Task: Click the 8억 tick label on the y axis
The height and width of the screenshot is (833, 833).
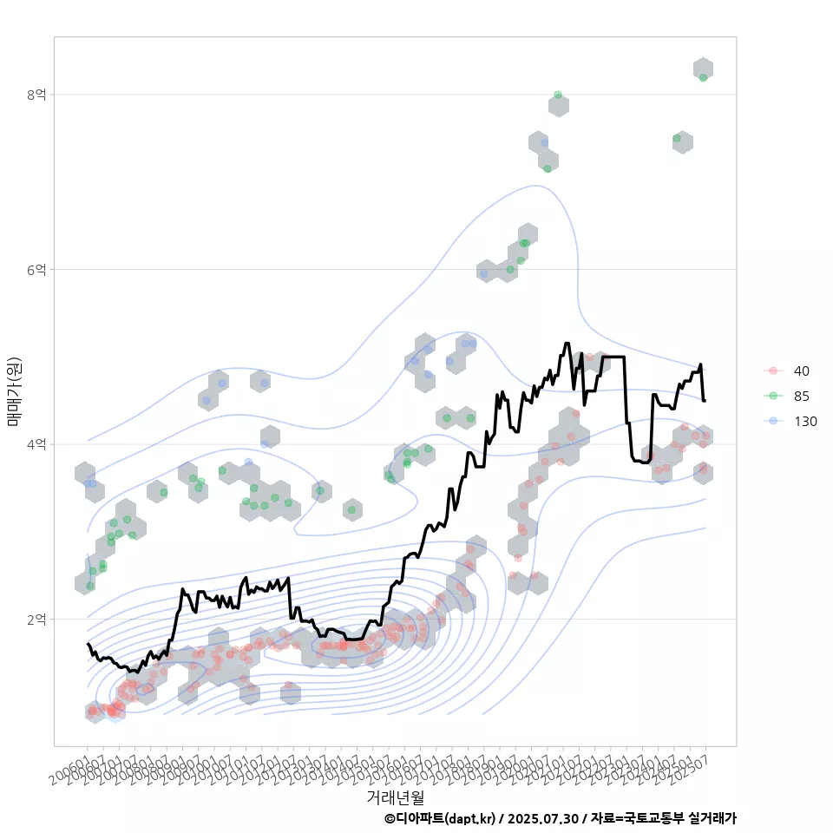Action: click(x=36, y=94)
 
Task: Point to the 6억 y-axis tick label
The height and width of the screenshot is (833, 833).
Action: click(x=36, y=269)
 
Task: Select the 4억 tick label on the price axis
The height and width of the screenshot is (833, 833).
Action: click(x=36, y=444)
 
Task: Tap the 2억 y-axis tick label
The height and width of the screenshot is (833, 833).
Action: click(x=36, y=620)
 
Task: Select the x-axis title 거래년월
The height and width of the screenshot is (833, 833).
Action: click(x=396, y=797)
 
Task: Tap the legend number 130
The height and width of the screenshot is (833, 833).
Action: click(x=805, y=422)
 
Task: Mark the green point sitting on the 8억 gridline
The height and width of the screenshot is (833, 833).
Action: click(x=558, y=95)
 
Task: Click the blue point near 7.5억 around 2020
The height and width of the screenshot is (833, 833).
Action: click(x=544, y=143)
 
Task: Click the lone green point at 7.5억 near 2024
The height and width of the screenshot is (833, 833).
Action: click(x=677, y=139)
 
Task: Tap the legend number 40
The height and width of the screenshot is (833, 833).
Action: click(x=802, y=371)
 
